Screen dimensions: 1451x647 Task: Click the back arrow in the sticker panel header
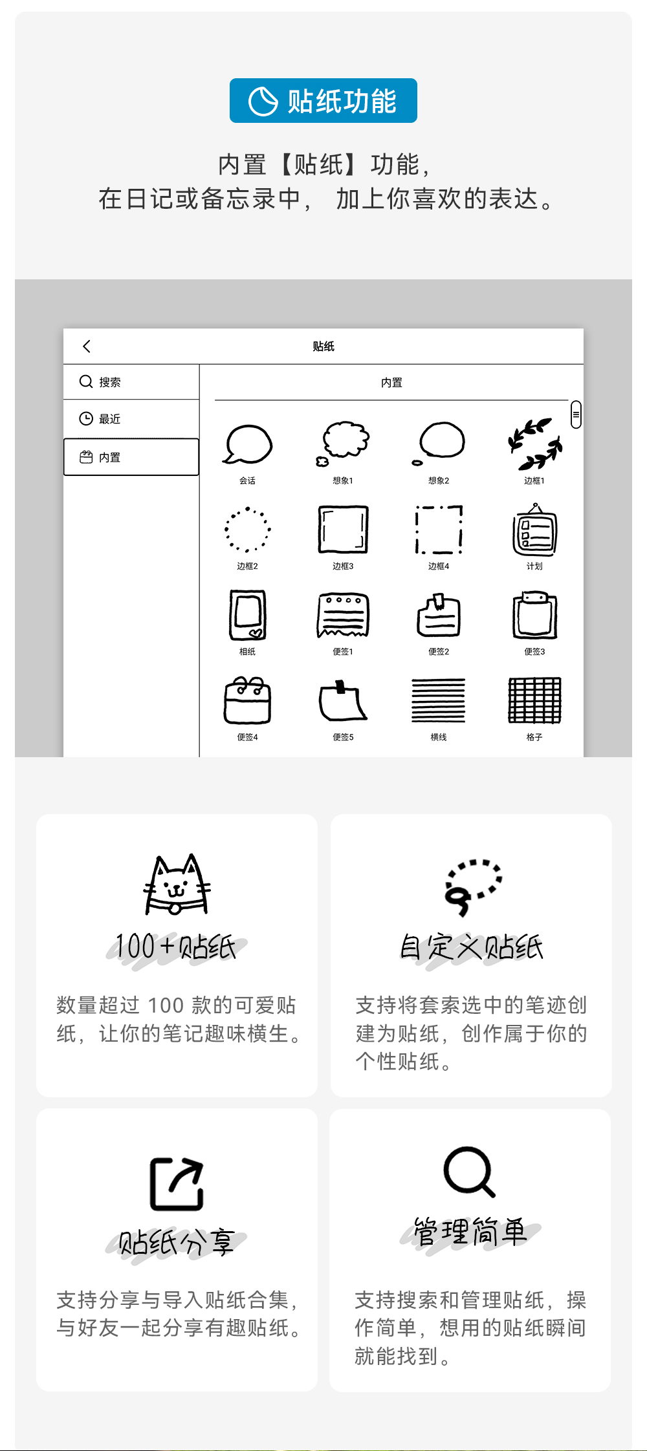(87, 347)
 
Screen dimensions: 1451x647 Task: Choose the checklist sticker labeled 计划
(534, 531)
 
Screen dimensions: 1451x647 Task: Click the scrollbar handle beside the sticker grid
(576, 414)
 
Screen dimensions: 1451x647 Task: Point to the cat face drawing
(177, 885)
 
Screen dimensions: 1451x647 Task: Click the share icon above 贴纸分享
(177, 1183)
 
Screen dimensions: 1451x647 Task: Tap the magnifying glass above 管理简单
(469, 1172)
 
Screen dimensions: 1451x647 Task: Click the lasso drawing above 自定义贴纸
(472, 887)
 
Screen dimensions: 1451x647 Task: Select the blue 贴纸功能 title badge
(323, 101)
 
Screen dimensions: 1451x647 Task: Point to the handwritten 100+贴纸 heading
(176, 947)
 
